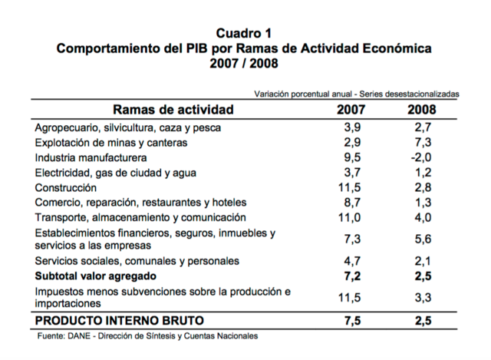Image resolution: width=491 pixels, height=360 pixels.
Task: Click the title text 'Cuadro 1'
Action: click(244, 33)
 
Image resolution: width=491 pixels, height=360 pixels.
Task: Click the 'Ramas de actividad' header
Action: click(173, 109)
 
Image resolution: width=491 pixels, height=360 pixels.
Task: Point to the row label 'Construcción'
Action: click(66, 187)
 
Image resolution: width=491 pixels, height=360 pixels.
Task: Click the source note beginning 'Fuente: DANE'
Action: click(148, 336)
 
